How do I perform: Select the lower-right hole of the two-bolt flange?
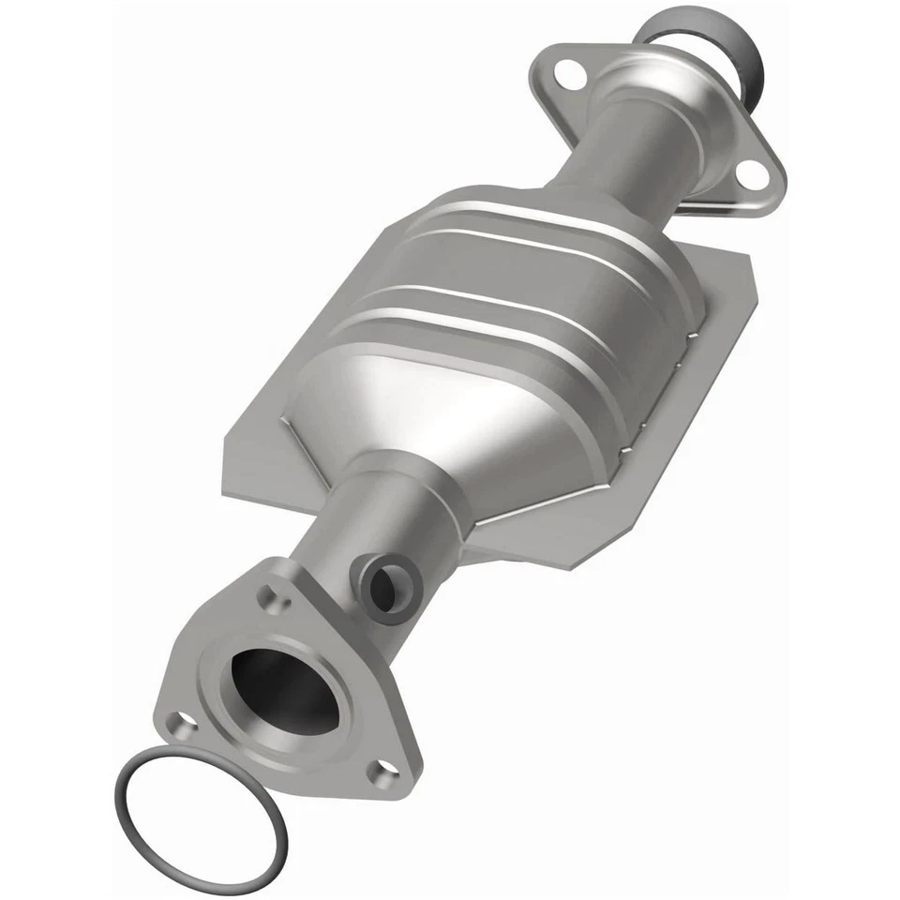(747, 172)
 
